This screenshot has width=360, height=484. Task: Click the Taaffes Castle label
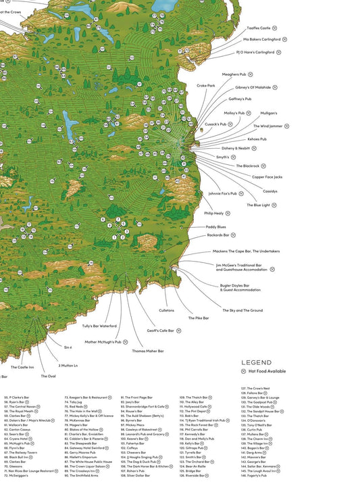[256, 28]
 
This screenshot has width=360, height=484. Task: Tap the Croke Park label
[205, 86]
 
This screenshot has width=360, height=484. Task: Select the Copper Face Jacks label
[267, 176]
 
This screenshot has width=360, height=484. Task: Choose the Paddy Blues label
[216, 226]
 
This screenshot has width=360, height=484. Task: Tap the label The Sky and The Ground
[242, 310]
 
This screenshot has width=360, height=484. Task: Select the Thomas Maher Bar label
[147, 351]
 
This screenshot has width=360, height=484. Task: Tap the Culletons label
[166, 310]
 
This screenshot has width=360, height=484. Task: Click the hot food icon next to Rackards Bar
[234, 235]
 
